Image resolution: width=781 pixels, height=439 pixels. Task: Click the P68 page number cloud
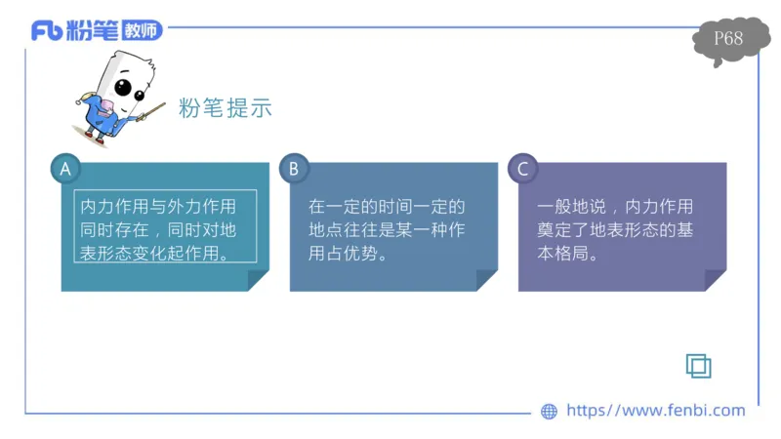click(x=728, y=40)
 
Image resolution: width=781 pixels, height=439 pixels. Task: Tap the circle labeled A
click(x=65, y=169)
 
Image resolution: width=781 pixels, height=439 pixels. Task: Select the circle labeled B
click(x=293, y=169)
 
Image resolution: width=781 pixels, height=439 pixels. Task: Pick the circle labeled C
click(x=522, y=169)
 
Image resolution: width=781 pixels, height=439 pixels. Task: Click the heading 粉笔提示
click(x=225, y=108)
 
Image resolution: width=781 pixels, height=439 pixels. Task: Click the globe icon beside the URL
click(x=549, y=412)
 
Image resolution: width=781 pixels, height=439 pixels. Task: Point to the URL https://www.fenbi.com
click(x=655, y=411)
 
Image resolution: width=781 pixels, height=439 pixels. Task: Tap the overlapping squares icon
click(x=698, y=365)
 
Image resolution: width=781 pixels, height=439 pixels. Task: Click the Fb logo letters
click(x=47, y=30)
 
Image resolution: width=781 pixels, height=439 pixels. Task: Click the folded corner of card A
click(x=258, y=281)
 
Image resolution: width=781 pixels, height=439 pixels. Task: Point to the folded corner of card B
click(x=486, y=281)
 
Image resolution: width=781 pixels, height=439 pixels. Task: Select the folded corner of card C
click(x=715, y=281)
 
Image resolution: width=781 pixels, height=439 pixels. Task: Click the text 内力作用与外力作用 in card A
click(x=158, y=207)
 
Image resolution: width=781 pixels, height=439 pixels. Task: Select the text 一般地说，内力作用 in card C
click(x=615, y=207)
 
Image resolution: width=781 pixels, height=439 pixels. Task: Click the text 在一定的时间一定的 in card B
click(x=387, y=207)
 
